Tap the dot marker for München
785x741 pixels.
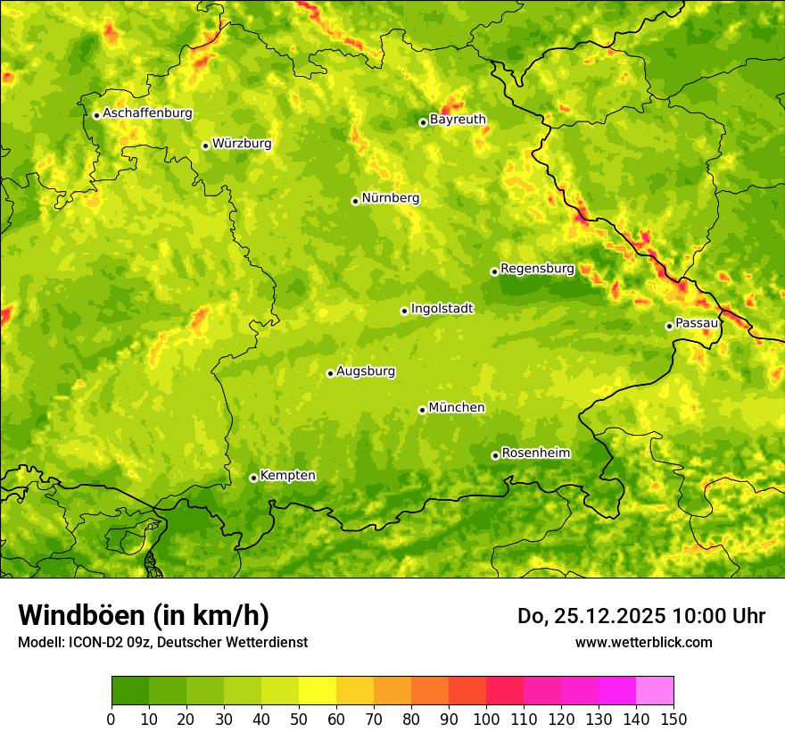[x=422, y=410]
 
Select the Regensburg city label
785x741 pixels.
[x=537, y=269]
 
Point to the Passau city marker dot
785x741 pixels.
[x=669, y=326]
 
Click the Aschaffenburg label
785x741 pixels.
[x=147, y=113]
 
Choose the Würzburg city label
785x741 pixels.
[x=242, y=144]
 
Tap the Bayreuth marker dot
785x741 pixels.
[x=423, y=122]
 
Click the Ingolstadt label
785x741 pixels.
[x=442, y=309]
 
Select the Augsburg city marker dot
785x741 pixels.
[x=330, y=373]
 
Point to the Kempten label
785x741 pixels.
[x=287, y=476]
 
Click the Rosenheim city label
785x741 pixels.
[x=535, y=454]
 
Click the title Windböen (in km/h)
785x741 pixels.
[x=144, y=615]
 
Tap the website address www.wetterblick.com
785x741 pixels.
[x=643, y=642]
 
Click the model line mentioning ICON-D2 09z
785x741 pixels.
[x=162, y=642]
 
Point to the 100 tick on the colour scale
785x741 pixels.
[x=486, y=719]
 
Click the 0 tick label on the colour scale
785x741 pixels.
[x=112, y=719]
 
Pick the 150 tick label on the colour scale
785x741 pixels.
[x=673, y=719]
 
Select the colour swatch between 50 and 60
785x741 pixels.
[x=318, y=690]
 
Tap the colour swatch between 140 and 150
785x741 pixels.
[x=655, y=690]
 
